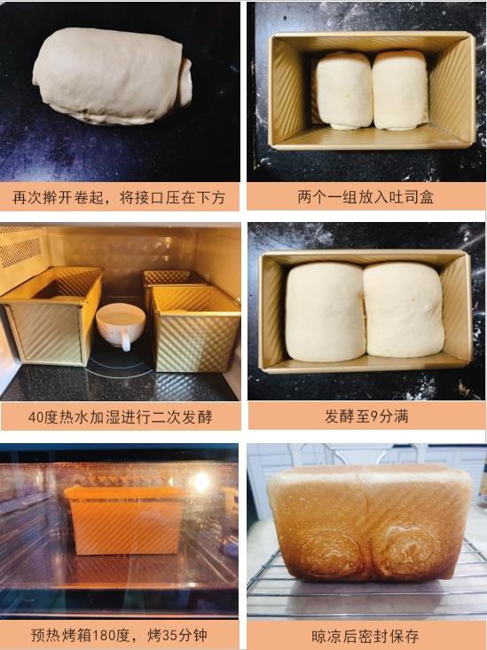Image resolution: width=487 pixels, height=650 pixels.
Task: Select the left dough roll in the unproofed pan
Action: pyautogui.click(x=344, y=90)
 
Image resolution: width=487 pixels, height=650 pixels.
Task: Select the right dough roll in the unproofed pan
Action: pyautogui.click(x=400, y=90)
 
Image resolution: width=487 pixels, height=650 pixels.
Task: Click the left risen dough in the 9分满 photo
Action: pyautogui.click(x=325, y=311)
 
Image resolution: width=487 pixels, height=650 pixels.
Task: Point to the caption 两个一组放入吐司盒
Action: pyautogui.click(x=365, y=197)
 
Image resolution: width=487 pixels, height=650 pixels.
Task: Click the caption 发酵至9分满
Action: pyautogui.click(x=365, y=416)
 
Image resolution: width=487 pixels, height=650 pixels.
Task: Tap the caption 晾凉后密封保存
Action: pyautogui.click(x=365, y=636)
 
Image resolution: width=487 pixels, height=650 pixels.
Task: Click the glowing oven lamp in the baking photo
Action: pyautogui.click(x=201, y=482)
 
